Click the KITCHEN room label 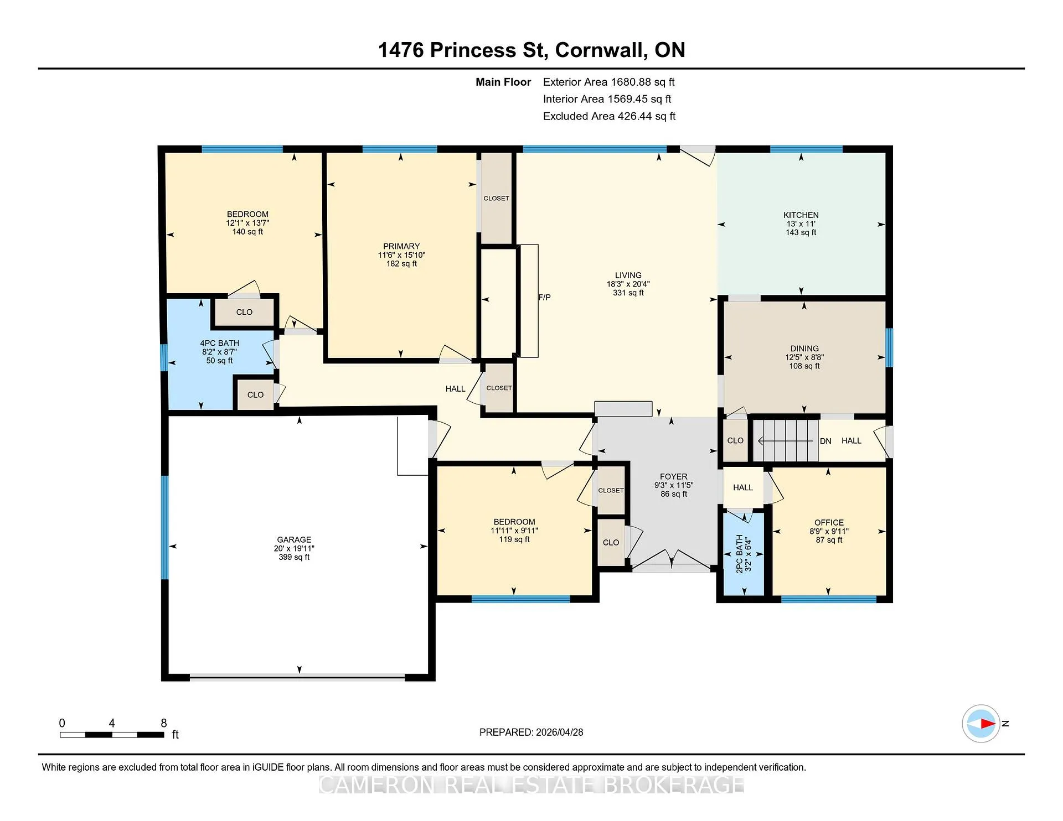pos(801,215)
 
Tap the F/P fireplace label pos(544,298)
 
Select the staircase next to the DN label pos(785,440)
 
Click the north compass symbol pos(981,723)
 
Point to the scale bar pos(112,735)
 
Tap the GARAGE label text pos(294,539)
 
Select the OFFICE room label pos(829,522)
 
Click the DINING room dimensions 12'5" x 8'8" pos(804,357)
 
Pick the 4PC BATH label pos(220,343)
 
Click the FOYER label pos(673,476)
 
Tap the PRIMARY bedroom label pos(401,246)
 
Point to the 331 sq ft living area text pos(628,293)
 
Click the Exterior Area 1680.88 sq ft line pos(609,82)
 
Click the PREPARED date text pos(531,732)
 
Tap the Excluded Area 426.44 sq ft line pos(609,116)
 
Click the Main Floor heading pos(503,82)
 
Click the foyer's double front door pos(671,559)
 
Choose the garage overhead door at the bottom pos(297,676)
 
